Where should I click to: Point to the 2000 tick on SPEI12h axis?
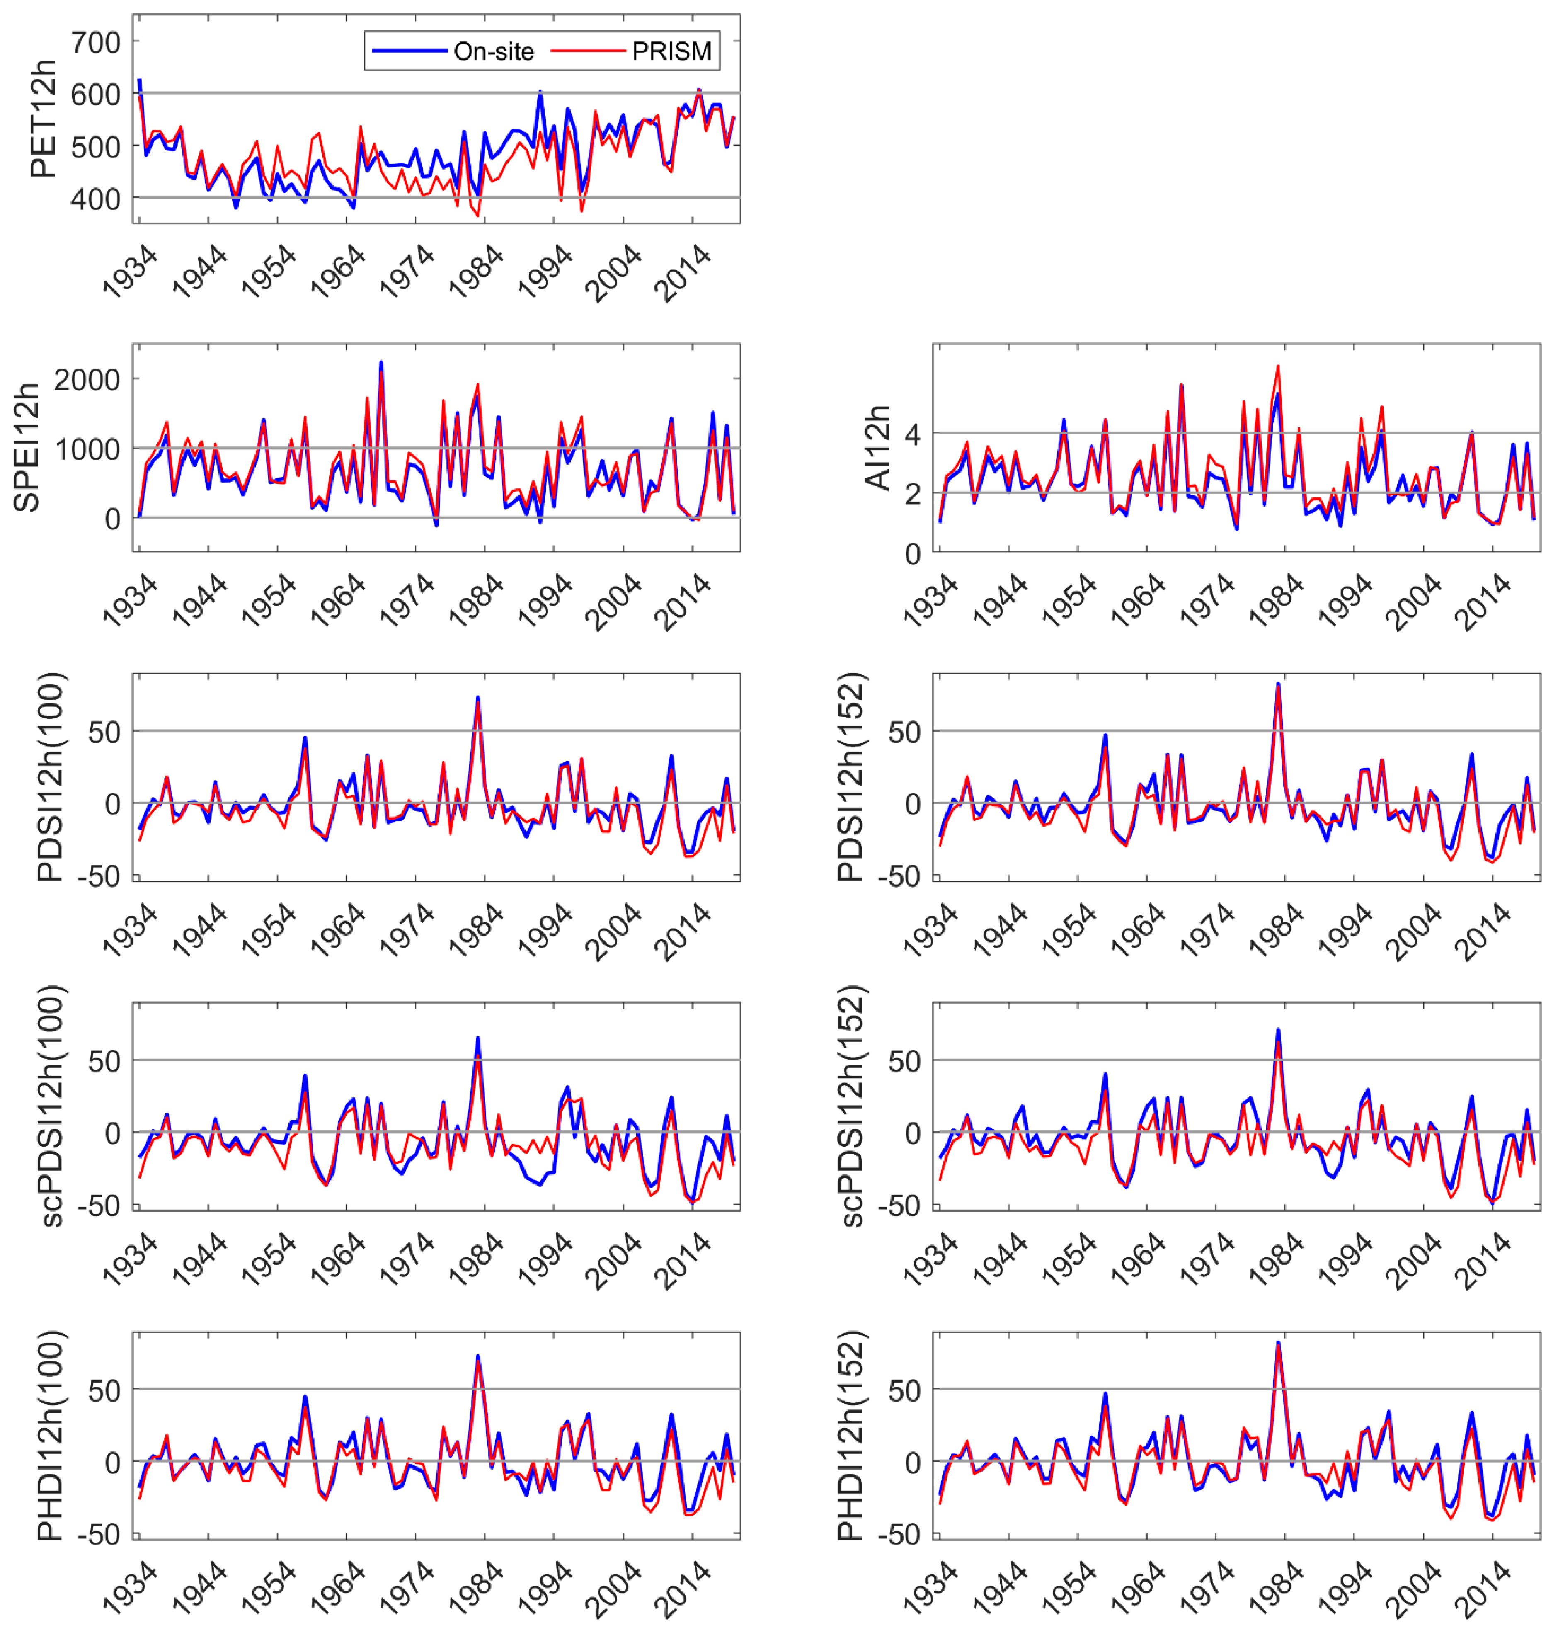(86, 380)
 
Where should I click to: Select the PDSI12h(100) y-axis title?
(50, 777)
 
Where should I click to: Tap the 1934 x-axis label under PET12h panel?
(131, 272)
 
